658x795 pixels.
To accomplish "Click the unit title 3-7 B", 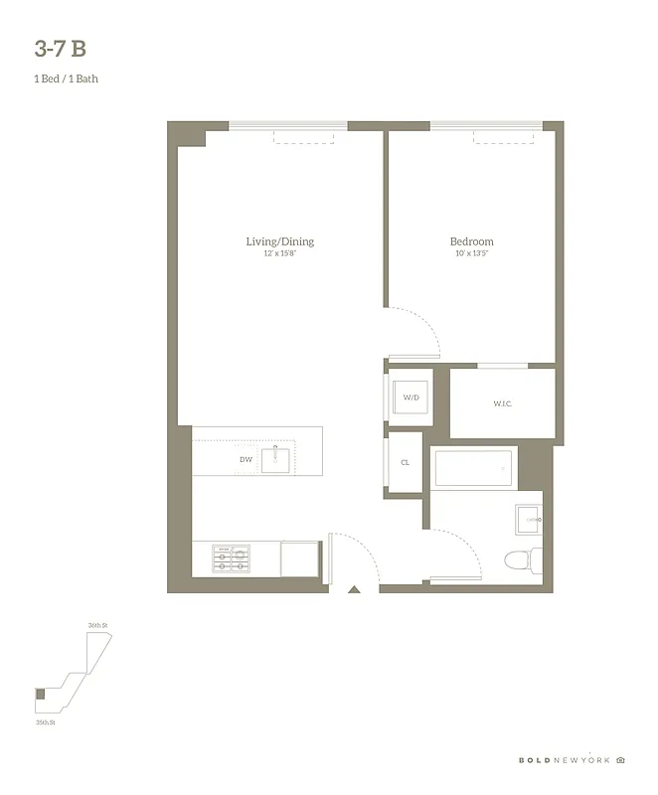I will (x=67, y=49).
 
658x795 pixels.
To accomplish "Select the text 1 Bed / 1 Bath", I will (x=66, y=79).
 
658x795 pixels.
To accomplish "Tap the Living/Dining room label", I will (x=280, y=241).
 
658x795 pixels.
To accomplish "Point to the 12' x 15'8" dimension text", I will (x=280, y=254).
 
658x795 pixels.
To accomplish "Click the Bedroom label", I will (x=471, y=241).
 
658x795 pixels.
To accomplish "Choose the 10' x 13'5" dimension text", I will (x=471, y=254).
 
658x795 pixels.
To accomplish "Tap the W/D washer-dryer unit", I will (x=411, y=398).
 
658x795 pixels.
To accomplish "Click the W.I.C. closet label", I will (x=503, y=403).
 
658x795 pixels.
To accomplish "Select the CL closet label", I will (x=406, y=463).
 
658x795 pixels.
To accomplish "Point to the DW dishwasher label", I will (x=246, y=459).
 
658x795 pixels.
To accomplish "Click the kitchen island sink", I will (x=275, y=459).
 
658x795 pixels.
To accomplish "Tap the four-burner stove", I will (x=231, y=559).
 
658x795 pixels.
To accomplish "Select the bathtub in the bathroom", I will (x=474, y=468).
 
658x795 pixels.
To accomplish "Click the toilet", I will (x=519, y=559).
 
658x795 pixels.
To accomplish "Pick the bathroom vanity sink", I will (x=529, y=519).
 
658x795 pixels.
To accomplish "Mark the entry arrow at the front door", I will (x=353, y=590).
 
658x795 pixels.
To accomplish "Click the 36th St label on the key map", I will (x=96, y=625).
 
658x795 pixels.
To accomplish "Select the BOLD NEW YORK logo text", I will (x=565, y=760).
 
